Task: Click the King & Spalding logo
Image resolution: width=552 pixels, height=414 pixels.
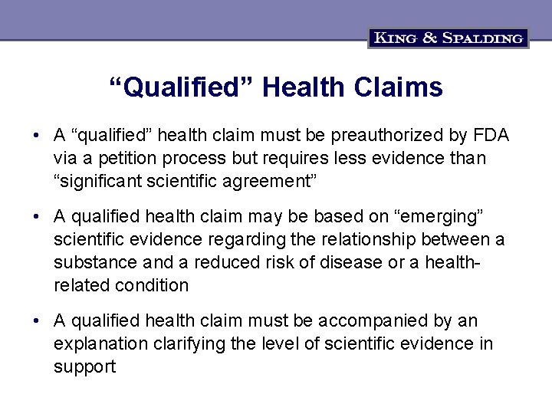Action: (x=449, y=38)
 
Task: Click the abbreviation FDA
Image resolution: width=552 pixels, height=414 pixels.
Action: (x=491, y=136)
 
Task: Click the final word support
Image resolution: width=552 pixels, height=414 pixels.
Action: (x=84, y=366)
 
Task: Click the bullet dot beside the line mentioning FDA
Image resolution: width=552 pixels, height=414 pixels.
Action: (x=36, y=136)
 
